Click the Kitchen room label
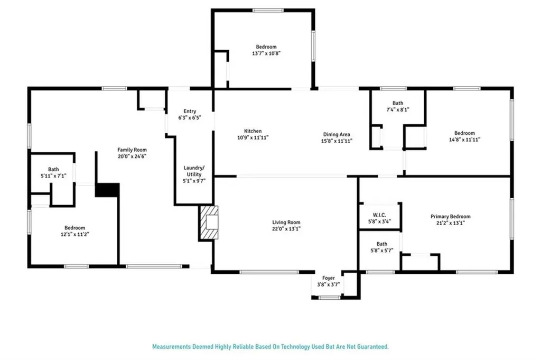click(x=253, y=131)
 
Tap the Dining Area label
click(x=337, y=134)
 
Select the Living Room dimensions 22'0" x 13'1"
click(x=286, y=229)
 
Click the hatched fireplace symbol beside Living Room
click(x=208, y=223)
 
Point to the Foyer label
click(x=328, y=278)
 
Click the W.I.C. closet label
click(x=379, y=215)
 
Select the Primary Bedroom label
click(x=450, y=216)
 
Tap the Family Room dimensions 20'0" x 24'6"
click(x=132, y=156)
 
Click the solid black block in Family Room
click(x=107, y=190)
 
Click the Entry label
click(x=190, y=111)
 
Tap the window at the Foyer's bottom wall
click(x=329, y=298)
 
